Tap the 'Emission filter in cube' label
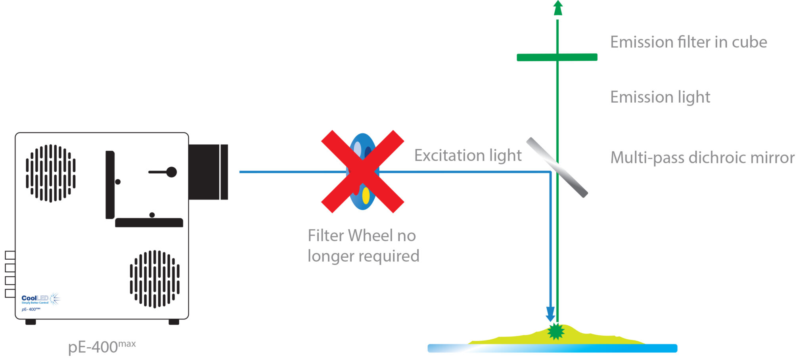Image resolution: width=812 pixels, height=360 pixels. [x=688, y=42]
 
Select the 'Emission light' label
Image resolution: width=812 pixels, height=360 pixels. [x=660, y=97]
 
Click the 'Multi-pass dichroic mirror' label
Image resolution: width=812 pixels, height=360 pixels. [x=702, y=158]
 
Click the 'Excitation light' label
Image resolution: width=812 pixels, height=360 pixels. [x=468, y=155]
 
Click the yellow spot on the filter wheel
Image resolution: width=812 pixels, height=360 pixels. [x=366, y=195]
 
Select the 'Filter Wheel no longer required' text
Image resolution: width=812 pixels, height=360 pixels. [x=363, y=246]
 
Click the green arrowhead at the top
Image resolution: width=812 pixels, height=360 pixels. [x=558, y=8]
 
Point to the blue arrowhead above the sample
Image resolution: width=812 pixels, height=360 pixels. [x=550, y=314]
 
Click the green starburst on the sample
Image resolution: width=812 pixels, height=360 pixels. [x=556, y=331]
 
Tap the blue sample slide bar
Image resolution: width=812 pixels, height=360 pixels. [x=552, y=349]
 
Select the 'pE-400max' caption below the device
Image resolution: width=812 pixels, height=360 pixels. [x=102, y=347]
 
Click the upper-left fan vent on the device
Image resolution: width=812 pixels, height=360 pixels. [x=51, y=173]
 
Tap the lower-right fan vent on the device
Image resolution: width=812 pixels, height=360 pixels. [x=155, y=279]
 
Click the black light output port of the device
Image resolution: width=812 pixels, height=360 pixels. [x=208, y=172]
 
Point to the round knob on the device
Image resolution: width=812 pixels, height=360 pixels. [x=171, y=172]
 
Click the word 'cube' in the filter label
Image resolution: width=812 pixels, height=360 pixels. [x=749, y=42]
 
